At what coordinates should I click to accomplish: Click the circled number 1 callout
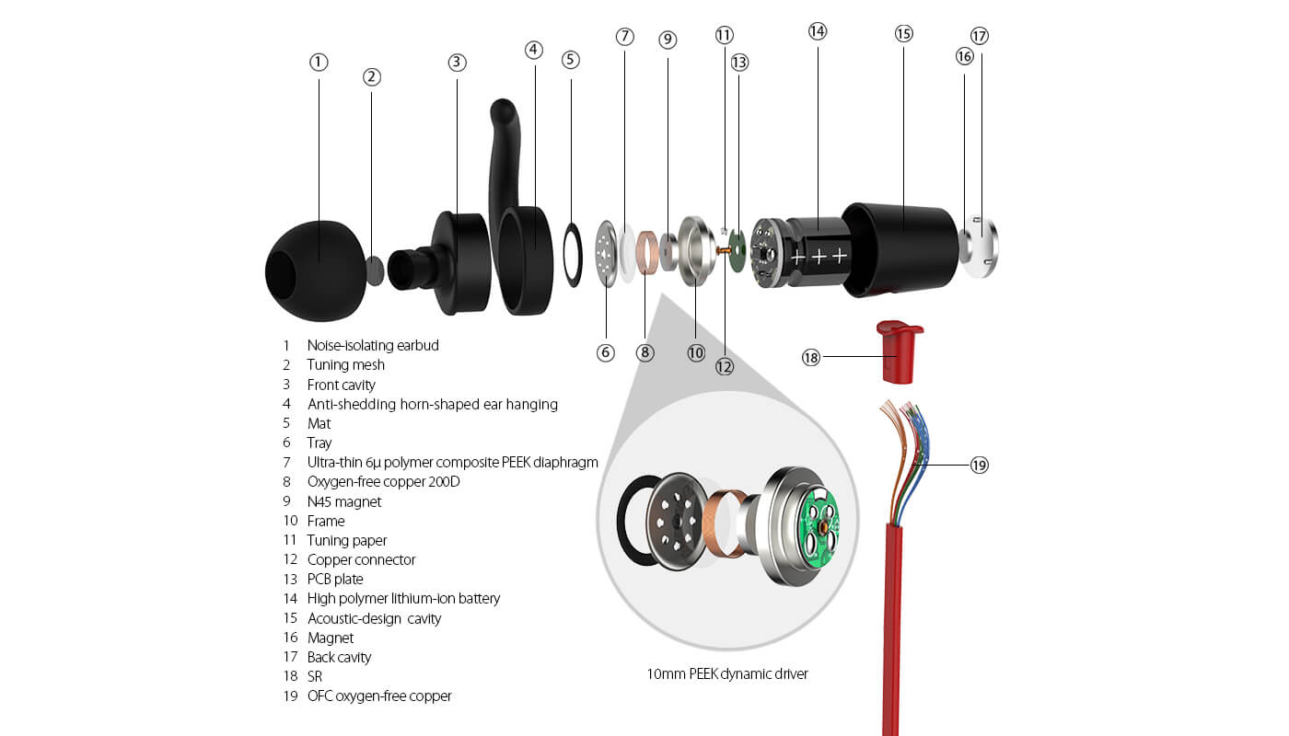(x=319, y=62)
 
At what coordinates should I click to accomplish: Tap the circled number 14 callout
(x=818, y=30)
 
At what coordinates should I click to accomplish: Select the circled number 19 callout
(x=979, y=466)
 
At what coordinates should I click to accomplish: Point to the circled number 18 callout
(x=810, y=357)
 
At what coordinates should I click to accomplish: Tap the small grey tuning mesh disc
(x=376, y=270)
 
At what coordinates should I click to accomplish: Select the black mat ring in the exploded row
(x=572, y=253)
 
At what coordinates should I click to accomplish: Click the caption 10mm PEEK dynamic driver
(x=727, y=673)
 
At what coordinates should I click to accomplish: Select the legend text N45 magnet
(x=343, y=501)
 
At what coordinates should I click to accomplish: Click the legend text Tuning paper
(x=347, y=540)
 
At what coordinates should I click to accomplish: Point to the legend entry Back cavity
(x=339, y=657)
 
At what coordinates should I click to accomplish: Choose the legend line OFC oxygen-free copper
(x=379, y=696)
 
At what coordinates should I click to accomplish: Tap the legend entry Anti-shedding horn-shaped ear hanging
(x=432, y=404)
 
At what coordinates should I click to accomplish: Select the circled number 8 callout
(x=645, y=352)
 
